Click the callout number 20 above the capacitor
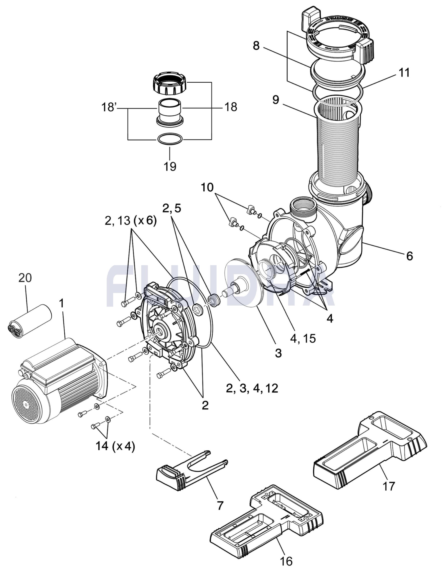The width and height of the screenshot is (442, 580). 25,278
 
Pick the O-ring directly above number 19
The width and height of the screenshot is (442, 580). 170,139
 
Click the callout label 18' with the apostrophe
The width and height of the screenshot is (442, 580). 109,107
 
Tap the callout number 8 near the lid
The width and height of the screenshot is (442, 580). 256,46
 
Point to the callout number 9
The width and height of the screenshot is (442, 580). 276,100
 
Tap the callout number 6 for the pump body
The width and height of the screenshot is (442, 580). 409,256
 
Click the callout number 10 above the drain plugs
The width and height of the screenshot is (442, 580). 207,187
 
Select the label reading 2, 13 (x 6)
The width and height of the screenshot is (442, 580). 131,221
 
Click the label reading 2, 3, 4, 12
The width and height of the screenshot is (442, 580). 252,388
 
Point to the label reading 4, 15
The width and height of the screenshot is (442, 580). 302,338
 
